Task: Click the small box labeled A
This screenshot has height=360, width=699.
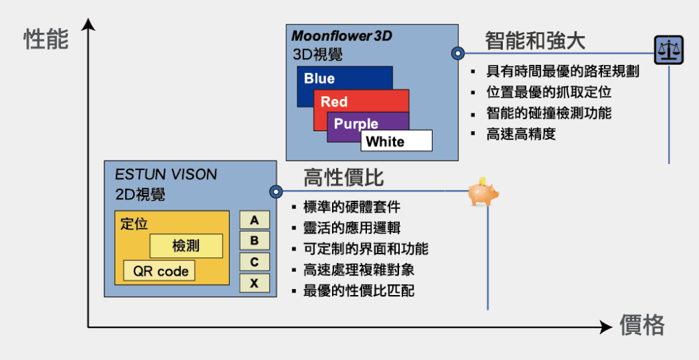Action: pos(254,220)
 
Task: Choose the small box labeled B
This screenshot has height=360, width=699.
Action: pos(254,240)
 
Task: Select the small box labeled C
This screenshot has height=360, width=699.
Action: pos(254,262)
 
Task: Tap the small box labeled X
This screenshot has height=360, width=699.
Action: pos(254,283)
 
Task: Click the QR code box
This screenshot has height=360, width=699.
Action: pos(160,271)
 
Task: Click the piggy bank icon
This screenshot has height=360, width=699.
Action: pos(483,193)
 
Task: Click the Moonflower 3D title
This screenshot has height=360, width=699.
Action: pos(342,36)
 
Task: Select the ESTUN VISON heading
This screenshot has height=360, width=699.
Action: pos(167,174)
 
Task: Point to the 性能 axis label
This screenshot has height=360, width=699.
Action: pos(46,39)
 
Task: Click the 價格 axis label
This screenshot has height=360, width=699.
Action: pos(642,325)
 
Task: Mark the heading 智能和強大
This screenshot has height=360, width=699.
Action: pos(535,40)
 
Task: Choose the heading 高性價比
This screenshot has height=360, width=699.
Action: pos(344,178)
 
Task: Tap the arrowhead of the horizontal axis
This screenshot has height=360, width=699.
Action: pos(605,327)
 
